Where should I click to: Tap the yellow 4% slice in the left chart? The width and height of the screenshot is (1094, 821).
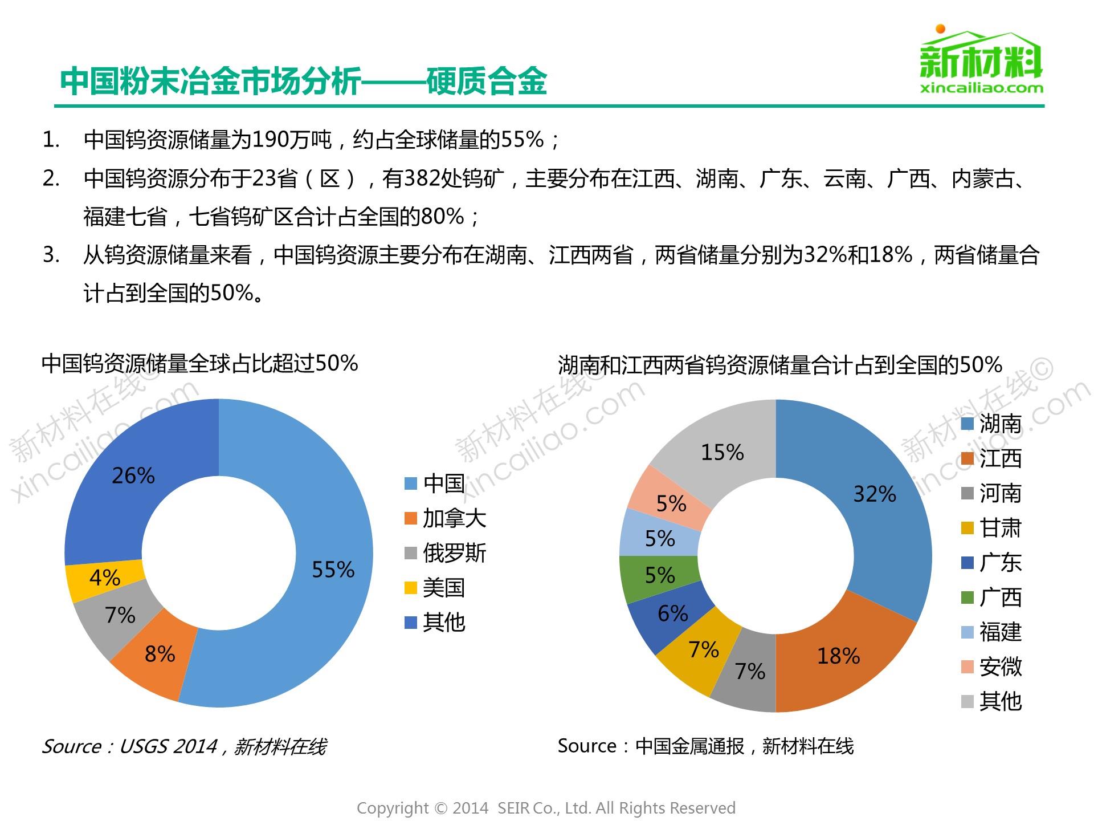point(104,578)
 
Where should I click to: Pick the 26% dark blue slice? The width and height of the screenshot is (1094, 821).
point(133,475)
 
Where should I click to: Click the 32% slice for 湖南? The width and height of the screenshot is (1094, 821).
point(874,494)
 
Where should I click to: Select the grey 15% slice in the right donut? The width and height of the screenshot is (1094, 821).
point(722,452)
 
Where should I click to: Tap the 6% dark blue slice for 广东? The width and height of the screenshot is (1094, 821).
point(672,613)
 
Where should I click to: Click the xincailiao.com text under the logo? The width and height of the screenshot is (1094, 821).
point(982,88)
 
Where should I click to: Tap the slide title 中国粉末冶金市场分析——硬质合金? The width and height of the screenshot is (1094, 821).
point(303,82)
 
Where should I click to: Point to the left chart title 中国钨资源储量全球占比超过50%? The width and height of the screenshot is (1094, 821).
point(199,364)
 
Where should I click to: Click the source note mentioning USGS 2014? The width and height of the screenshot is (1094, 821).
point(184,746)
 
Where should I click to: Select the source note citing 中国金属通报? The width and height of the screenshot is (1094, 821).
point(705,746)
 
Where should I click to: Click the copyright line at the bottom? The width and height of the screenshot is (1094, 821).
point(546,808)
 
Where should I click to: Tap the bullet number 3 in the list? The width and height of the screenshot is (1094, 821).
point(51,255)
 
